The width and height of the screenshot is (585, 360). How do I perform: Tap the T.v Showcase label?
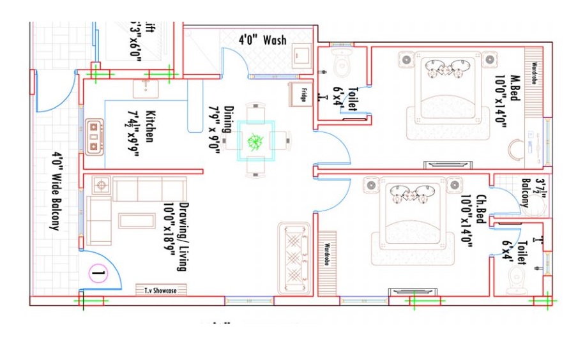(x=156, y=290)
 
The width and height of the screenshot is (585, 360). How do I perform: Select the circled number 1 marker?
(x=98, y=276)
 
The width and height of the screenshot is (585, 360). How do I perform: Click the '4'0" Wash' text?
(x=262, y=40)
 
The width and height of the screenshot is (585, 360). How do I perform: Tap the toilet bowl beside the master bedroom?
(x=342, y=63)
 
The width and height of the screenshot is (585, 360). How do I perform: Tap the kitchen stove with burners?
(x=95, y=135)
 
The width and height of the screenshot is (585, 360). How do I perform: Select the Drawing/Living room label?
(x=176, y=237)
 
